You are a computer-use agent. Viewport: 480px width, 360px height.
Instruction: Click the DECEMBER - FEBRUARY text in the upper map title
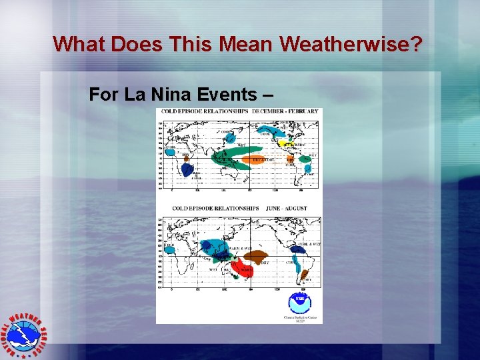click(x=285, y=111)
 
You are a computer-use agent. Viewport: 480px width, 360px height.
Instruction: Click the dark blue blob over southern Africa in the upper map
click(x=186, y=169)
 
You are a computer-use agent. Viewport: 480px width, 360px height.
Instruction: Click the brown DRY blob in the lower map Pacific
click(x=257, y=256)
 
